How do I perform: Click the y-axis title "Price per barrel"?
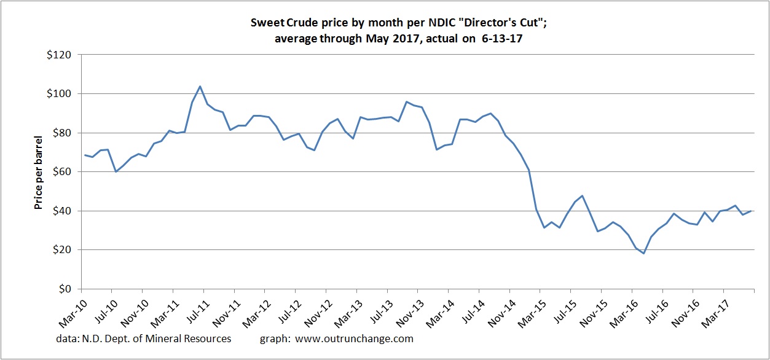(38, 172)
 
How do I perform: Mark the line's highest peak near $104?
(200, 86)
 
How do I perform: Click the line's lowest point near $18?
(643, 253)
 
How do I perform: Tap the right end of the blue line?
(751, 211)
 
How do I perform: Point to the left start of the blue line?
(85, 155)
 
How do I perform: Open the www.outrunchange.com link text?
(354, 338)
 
